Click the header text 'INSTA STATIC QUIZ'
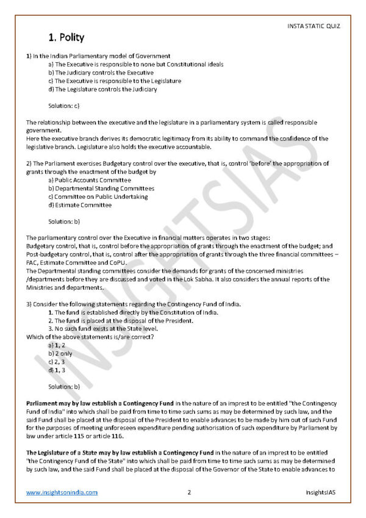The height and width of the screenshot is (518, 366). coord(312,26)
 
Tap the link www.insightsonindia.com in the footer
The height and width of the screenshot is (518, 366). coord(62,492)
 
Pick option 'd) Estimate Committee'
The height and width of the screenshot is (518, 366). coord(80,205)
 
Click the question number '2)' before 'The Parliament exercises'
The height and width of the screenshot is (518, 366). coord(29,164)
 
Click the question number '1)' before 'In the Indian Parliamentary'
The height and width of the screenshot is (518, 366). coord(29,56)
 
